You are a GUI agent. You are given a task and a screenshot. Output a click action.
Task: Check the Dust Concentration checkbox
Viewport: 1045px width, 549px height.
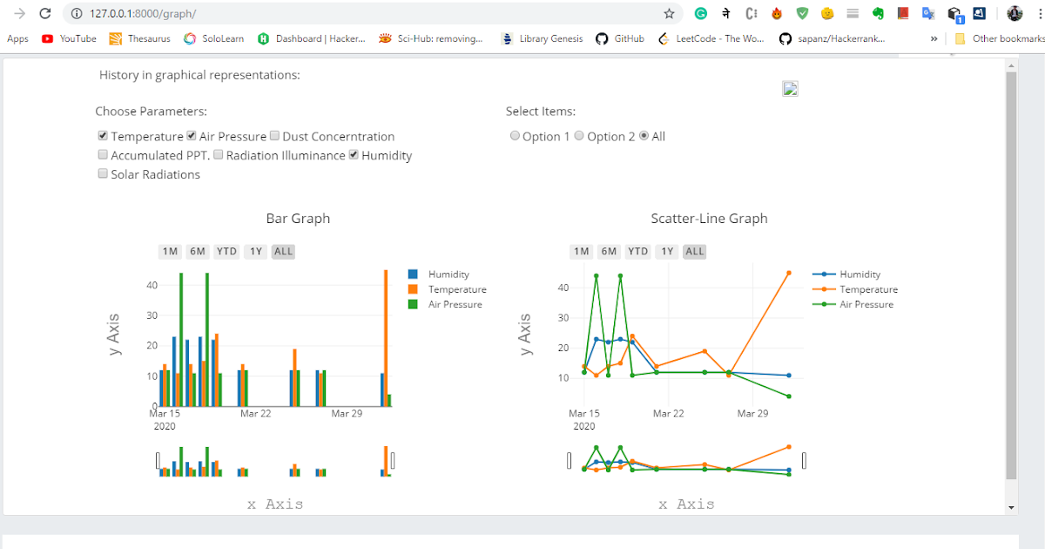(x=274, y=136)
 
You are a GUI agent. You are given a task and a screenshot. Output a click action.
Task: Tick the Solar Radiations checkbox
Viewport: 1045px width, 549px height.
(x=103, y=174)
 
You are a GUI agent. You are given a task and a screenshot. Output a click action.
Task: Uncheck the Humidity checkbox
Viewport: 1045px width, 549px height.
(x=354, y=155)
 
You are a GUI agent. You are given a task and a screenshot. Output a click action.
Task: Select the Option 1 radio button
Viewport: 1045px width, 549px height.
(x=515, y=136)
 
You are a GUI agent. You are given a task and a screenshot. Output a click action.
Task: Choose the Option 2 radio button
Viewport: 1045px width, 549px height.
(x=579, y=136)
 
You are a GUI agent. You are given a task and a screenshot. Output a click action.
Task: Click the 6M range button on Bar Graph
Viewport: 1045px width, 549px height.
(x=198, y=252)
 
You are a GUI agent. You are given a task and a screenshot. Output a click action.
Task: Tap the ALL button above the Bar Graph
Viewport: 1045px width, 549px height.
(x=283, y=252)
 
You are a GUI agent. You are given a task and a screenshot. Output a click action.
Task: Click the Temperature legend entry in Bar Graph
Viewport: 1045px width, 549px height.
(x=456, y=289)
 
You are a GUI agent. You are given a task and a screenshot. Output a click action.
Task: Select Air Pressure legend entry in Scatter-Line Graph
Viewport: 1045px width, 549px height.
(x=866, y=304)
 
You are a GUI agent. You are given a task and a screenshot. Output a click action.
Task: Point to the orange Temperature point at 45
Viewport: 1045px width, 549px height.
(x=789, y=273)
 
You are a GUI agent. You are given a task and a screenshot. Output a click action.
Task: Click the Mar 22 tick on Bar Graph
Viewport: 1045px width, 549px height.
(x=256, y=413)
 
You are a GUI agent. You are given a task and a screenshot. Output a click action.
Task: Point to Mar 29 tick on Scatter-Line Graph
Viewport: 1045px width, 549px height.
(x=752, y=413)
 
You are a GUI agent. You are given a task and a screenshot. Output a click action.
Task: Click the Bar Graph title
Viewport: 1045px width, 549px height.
(x=298, y=219)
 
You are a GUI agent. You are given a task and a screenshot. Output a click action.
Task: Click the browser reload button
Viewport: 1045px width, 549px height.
(x=45, y=14)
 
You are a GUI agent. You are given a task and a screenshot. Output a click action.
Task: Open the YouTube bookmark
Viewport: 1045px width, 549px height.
(x=70, y=38)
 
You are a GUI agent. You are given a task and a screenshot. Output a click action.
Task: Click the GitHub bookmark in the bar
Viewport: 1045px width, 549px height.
(x=620, y=38)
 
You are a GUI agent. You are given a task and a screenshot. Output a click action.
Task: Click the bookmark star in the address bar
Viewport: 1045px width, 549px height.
(x=669, y=14)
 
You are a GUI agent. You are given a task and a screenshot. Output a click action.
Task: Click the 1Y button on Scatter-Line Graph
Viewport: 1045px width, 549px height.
(x=666, y=252)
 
